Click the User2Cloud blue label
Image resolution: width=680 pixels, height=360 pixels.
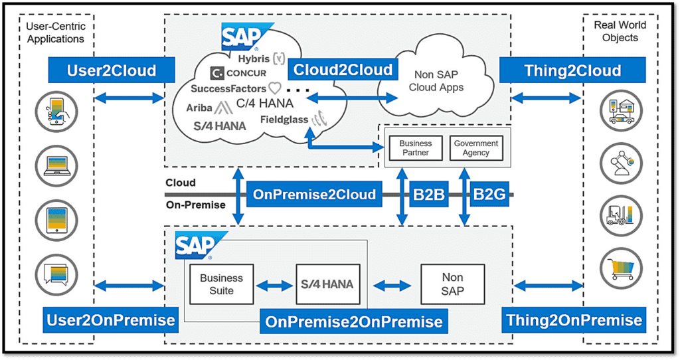[112, 70]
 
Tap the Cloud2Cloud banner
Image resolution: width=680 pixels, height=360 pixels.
[343, 69]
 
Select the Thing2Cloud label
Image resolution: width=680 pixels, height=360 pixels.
[572, 70]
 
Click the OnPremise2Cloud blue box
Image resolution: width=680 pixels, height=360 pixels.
[314, 195]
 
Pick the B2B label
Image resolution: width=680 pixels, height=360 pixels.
[429, 195]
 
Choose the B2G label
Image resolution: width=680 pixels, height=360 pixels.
[489, 195]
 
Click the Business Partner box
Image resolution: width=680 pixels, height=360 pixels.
[416, 148]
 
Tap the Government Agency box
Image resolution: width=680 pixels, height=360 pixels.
[475, 148]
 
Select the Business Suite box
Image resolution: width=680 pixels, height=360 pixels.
[221, 284]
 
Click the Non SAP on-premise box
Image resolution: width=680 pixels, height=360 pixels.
[452, 284]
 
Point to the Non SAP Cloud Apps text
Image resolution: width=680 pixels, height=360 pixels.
[436, 81]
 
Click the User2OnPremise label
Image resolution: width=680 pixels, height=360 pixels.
[111, 320]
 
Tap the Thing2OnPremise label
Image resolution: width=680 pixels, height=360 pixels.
[574, 320]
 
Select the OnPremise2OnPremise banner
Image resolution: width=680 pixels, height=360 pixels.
[353, 322]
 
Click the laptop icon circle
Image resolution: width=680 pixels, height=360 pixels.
[57, 166]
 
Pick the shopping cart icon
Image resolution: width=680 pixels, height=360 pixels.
[621, 269]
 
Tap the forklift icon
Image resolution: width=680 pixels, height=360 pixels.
[621, 216]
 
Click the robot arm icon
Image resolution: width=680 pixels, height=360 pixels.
[621, 163]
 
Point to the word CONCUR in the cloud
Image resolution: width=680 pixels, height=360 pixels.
[246, 73]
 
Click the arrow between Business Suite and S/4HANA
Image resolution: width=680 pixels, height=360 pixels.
[274, 286]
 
